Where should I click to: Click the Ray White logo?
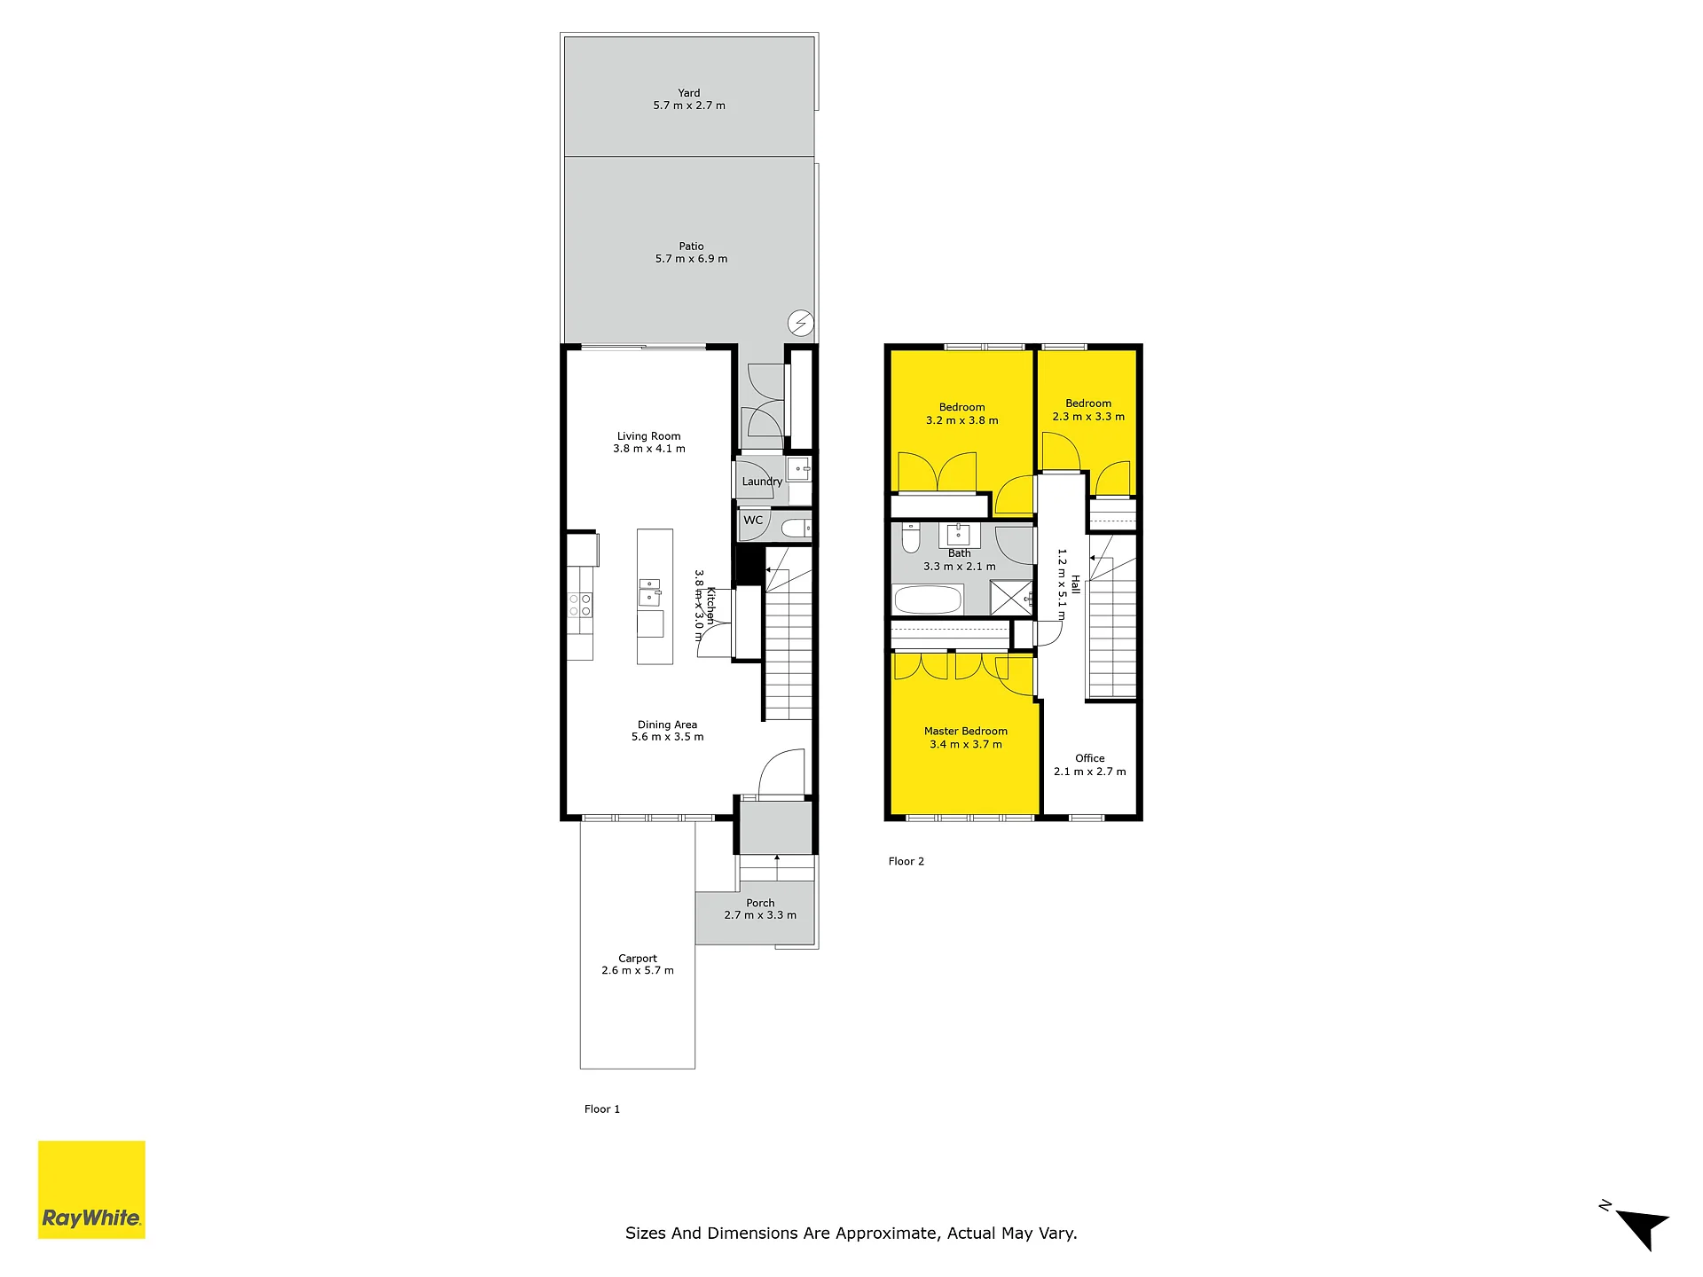[x=91, y=1189]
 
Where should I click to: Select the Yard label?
[x=689, y=93]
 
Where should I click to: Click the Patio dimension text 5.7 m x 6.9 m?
[x=691, y=259]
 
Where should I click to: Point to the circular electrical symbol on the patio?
[x=801, y=323]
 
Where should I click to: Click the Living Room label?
[x=649, y=436]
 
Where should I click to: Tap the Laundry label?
[x=762, y=482]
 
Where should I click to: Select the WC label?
[x=753, y=521]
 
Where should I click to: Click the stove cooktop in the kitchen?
[x=580, y=606]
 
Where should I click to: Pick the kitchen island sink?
[x=649, y=592]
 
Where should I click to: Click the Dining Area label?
[x=667, y=725]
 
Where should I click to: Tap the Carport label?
[x=638, y=959]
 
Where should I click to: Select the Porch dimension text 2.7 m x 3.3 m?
[x=760, y=915]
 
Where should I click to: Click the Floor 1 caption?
[x=602, y=1109]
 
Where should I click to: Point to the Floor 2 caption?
[x=906, y=861]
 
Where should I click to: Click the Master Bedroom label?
[x=966, y=732]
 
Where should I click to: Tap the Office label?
[x=1090, y=758]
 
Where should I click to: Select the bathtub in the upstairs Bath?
[x=928, y=599]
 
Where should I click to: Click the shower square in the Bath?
[x=1011, y=598]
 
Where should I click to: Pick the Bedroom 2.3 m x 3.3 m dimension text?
[x=1088, y=417]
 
